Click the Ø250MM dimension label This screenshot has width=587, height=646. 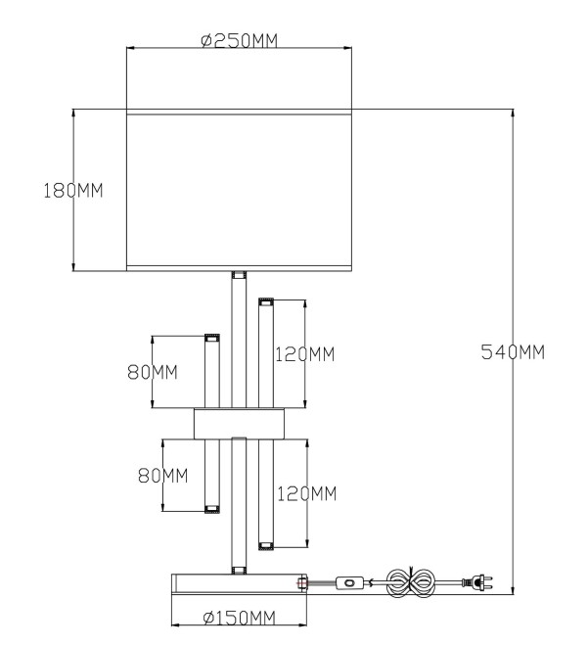pos(240,41)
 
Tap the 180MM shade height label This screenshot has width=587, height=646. pos(73,191)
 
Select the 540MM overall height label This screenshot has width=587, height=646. pos(513,352)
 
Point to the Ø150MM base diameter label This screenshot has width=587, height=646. pos(240,618)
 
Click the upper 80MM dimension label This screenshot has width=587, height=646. pos(153,373)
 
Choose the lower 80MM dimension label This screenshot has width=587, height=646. pos(163,476)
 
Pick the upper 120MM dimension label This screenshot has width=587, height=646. pos(305,354)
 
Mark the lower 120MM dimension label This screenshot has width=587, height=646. pos(307,493)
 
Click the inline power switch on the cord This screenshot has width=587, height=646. pos(349,583)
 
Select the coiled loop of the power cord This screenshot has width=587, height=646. pos(410,582)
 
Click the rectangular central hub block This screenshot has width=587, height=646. pos(240,424)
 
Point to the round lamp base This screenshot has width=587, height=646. pos(240,583)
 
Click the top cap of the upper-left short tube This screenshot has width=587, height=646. pos(212,339)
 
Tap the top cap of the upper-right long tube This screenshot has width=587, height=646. pos(266,302)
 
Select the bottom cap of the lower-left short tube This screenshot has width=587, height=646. pos(212,509)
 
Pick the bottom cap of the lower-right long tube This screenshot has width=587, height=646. pos(266,546)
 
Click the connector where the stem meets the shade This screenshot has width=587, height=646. pos(239,275)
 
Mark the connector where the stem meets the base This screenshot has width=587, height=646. pos(239,571)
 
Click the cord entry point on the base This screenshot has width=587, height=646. pos(302,583)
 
